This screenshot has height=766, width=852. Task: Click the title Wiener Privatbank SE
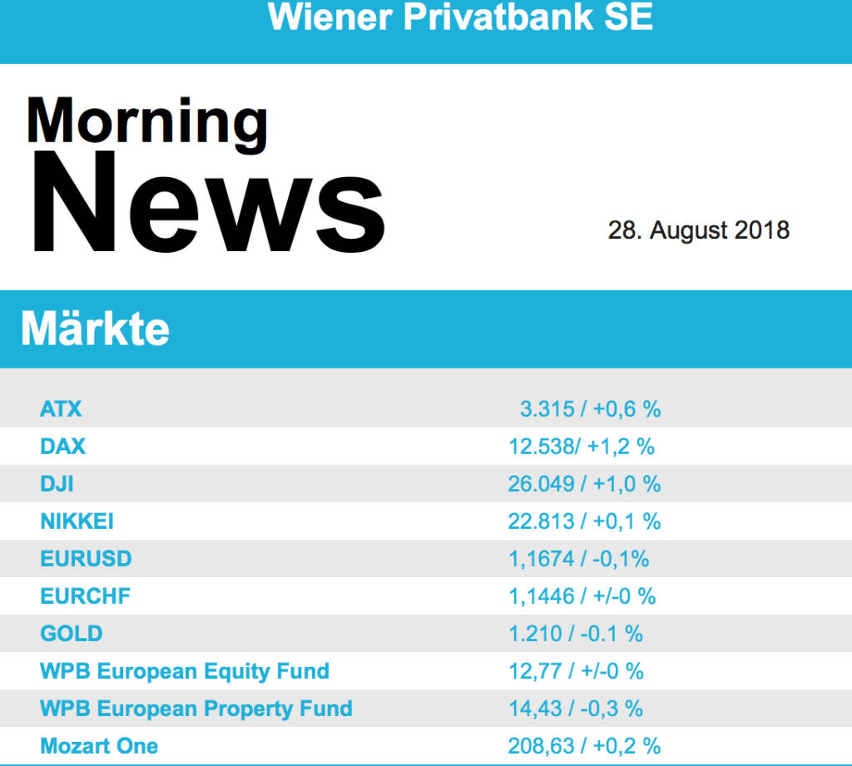point(460,17)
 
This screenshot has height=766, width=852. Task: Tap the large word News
point(207,203)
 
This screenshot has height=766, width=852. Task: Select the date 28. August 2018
point(698,230)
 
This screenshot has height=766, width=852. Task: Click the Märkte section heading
point(95,329)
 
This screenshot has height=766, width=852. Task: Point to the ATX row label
point(61,409)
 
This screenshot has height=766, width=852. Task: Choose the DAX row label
point(62,447)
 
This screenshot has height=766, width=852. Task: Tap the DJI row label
point(57,484)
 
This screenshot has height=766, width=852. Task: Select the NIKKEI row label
point(77,521)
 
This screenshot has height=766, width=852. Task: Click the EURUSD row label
point(86,559)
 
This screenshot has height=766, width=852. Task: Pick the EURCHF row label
point(85,596)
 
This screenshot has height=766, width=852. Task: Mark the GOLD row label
point(71,634)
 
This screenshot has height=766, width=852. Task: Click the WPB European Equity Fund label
point(185,671)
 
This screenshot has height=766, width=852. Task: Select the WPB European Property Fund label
point(196,709)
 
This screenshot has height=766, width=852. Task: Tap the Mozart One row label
point(99,746)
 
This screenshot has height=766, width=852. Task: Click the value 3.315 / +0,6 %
point(590,409)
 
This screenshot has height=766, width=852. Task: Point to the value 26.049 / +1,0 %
point(584,484)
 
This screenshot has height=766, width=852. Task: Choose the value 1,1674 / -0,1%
point(578,559)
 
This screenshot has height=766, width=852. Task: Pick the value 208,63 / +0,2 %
point(584,746)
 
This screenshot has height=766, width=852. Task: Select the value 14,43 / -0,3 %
point(576,709)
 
